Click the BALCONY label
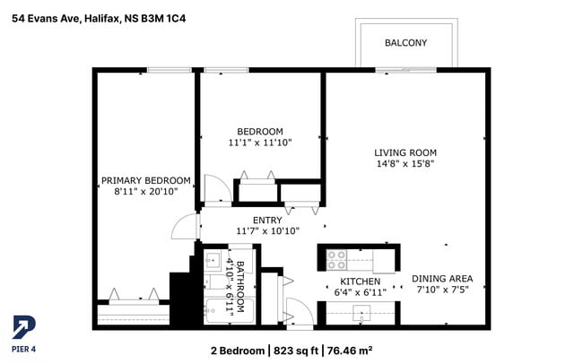coord(405,43)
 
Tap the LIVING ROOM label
coord(405,152)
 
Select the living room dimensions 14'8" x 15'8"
coord(405,163)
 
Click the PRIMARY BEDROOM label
coord(145,179)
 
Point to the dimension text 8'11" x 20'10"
coord(145,191)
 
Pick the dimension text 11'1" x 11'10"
coord(259,142)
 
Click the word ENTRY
coord(267,220)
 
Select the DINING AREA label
coord(442,278)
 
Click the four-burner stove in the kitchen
coord(338,260)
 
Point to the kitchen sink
coord(361,313)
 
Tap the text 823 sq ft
coord(297,350)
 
